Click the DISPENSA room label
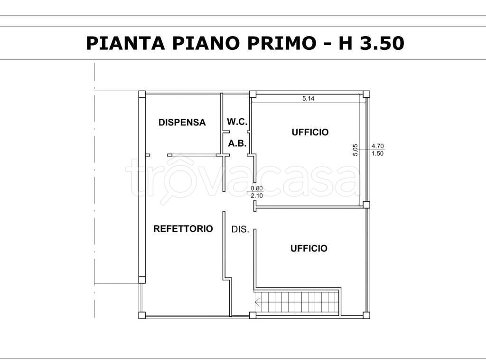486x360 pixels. (182, 123)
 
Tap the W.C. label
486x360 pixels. (237, 122)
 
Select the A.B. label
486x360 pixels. (237, 143)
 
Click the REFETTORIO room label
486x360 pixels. (183, 229)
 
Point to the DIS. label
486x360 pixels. (240, 229)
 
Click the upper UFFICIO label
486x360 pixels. (310, 133)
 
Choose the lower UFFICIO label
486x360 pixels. (309, 248)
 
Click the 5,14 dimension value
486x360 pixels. (308, 99)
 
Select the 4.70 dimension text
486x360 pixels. (378, 146)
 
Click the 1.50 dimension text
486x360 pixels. (378, 153)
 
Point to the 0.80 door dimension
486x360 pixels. (257, 188)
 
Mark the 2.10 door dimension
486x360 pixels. (257, 195)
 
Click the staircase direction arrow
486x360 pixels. (258, 301)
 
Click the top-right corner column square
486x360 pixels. (366, 94)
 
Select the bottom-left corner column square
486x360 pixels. (141, 315)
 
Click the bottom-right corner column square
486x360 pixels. (366, 315)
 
